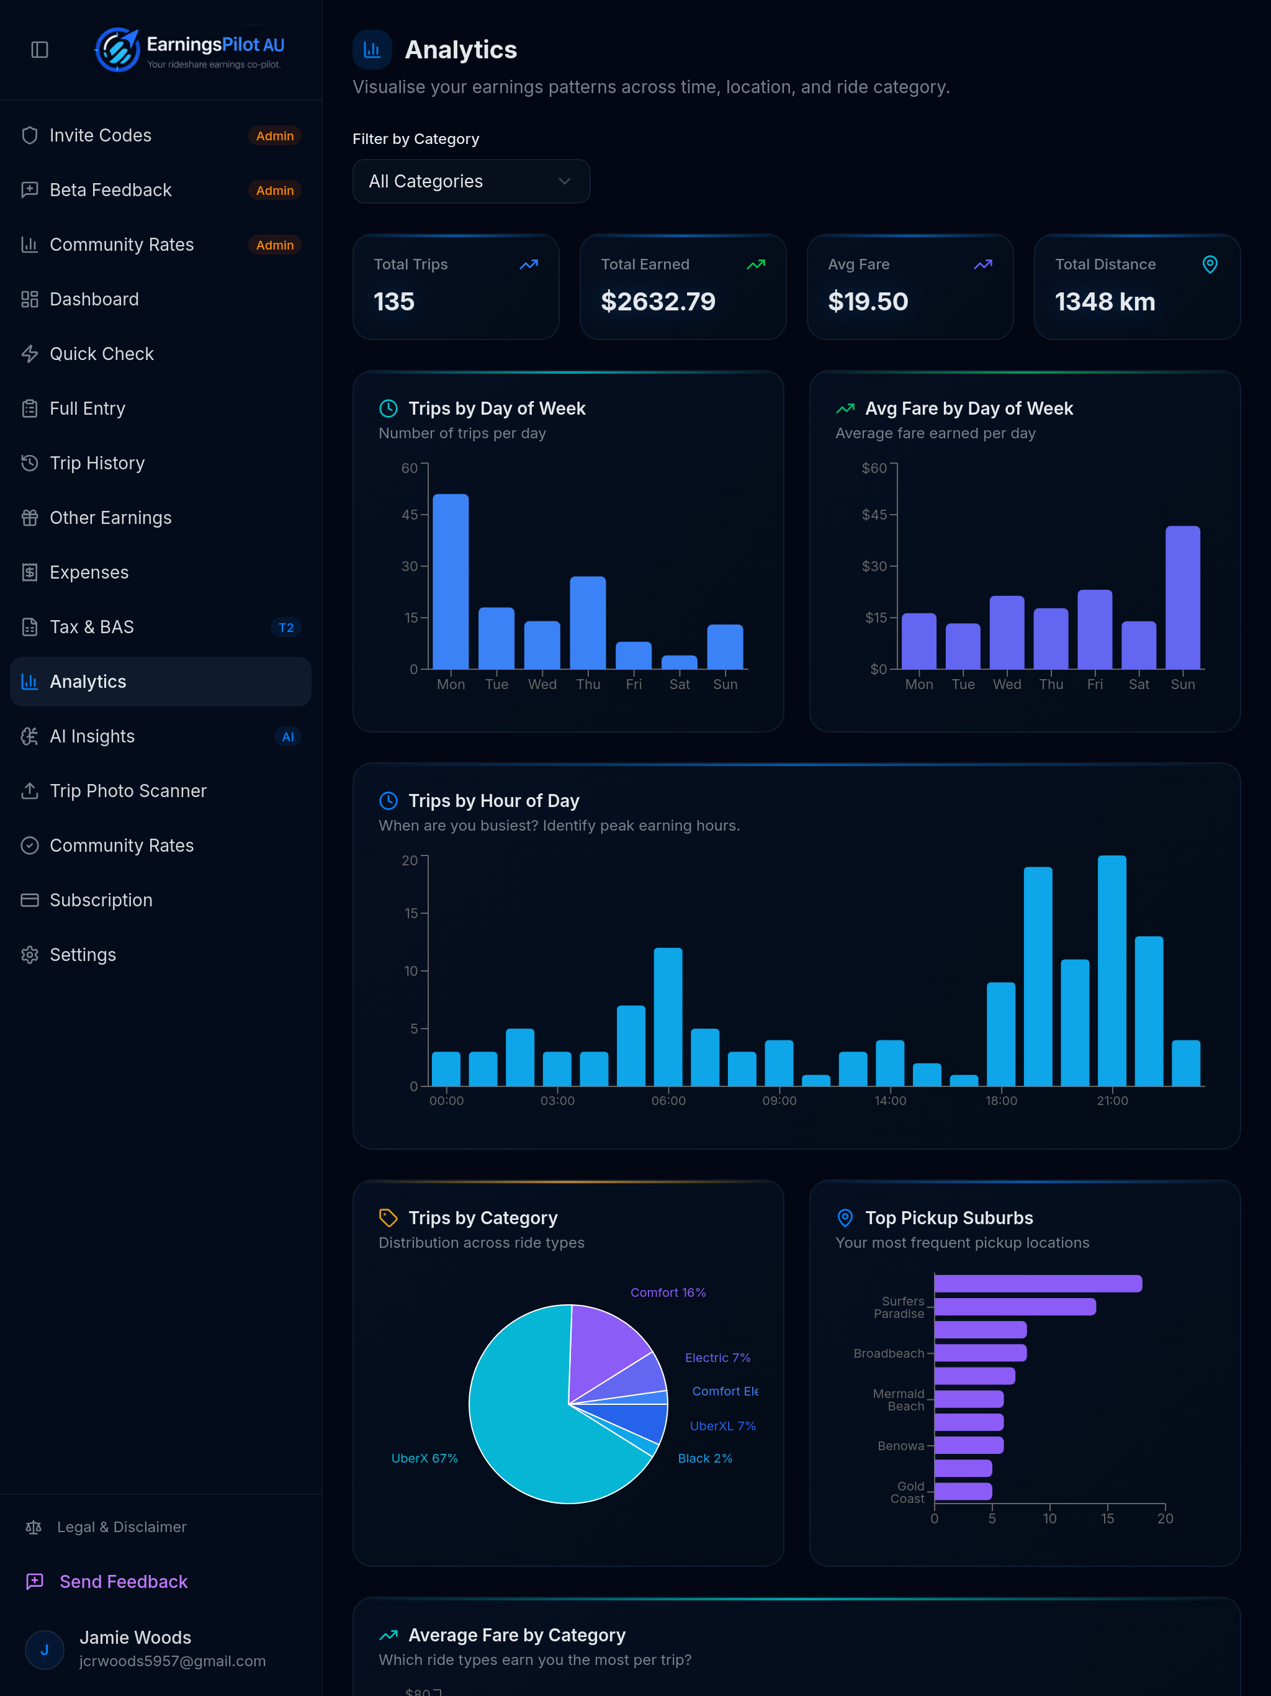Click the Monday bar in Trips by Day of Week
click(x=451, y=581)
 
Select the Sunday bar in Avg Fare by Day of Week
click(x=1182, y=597)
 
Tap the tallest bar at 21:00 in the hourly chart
click(x=1112, y=971)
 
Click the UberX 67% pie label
click(x=424, y=1458)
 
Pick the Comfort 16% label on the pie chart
click(x=668, y=1292)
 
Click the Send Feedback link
click(x=124, y=1582)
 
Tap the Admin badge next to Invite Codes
click(x=274, y=136)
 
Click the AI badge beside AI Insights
click(x=287, y=737)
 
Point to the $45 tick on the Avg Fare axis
click(x=874, y=515)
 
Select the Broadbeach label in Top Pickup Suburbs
click(x=889, y=1353)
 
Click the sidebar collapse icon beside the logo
click(x=40, y=50)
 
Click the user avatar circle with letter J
click(x=45, y=1649)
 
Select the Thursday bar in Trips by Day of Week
click(x=588, y=623)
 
